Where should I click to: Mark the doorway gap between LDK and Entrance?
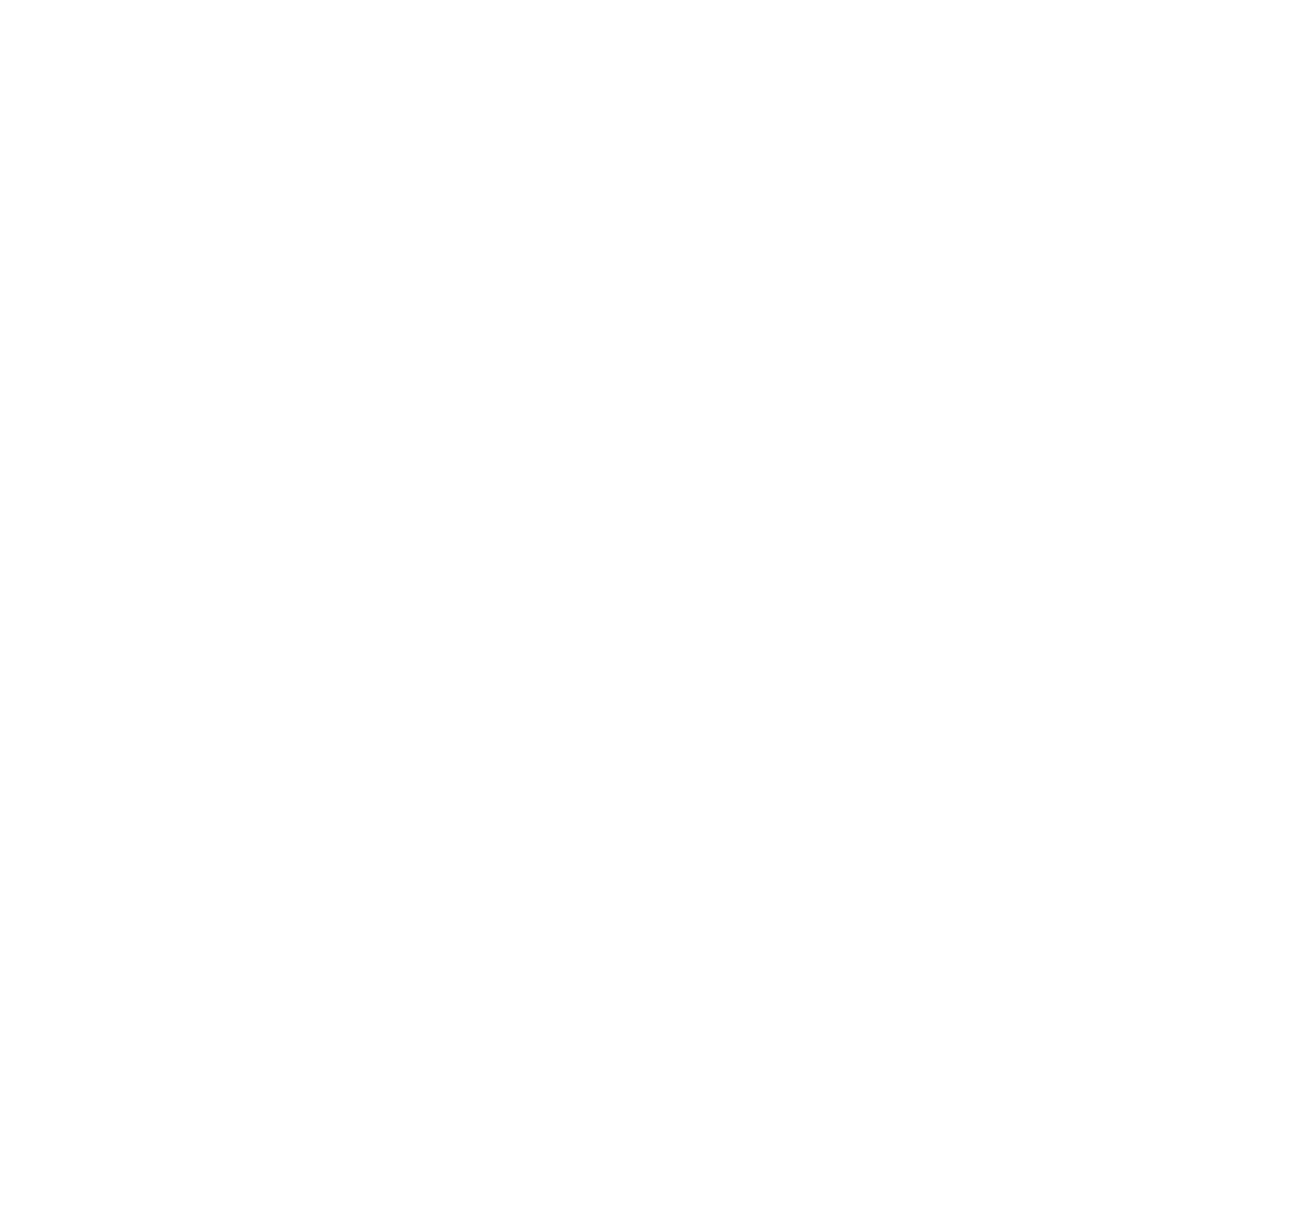click(x=903, y=775)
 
